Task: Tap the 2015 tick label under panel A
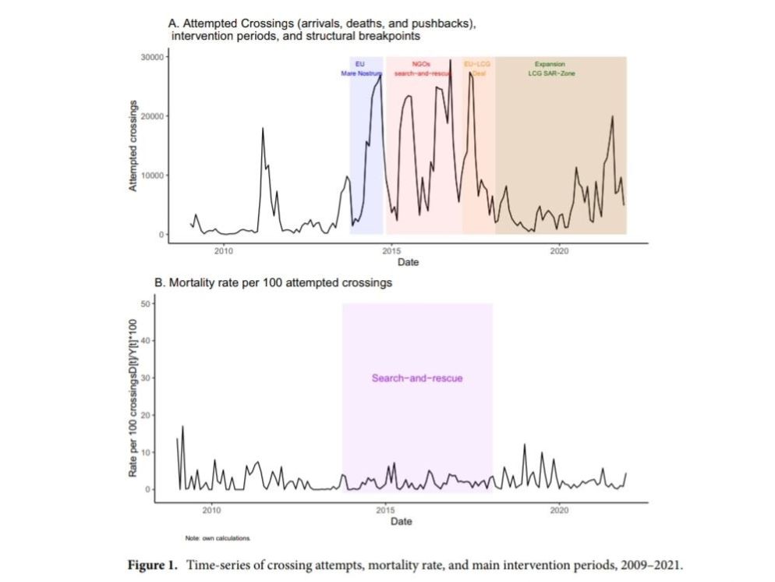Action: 391,250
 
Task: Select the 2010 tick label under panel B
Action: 211,510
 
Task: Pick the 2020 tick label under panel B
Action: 558,510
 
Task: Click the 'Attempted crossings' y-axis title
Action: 133,146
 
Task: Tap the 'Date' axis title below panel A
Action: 408,262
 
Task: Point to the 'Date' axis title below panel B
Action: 401,521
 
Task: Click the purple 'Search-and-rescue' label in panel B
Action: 417,378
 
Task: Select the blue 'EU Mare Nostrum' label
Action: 361,69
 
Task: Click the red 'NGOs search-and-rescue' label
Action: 423,69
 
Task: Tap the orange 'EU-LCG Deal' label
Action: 477,69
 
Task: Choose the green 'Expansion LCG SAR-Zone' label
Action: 550,69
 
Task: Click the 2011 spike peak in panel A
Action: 263,128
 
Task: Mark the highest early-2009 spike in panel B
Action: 182,426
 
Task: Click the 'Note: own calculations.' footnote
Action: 218,538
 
